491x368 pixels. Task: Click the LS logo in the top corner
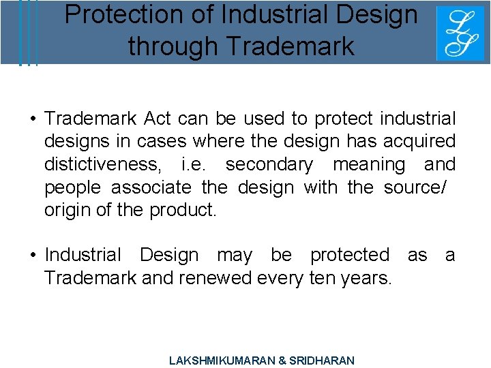(460, 33)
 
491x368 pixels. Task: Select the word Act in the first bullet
(158, 119)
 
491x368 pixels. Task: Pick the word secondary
(269, 164)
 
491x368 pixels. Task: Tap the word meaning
(369, 164)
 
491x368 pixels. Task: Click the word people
(73, 187)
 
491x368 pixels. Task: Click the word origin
(66, 210)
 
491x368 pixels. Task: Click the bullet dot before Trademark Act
(32, 119)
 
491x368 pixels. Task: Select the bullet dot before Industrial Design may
(32, 255)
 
